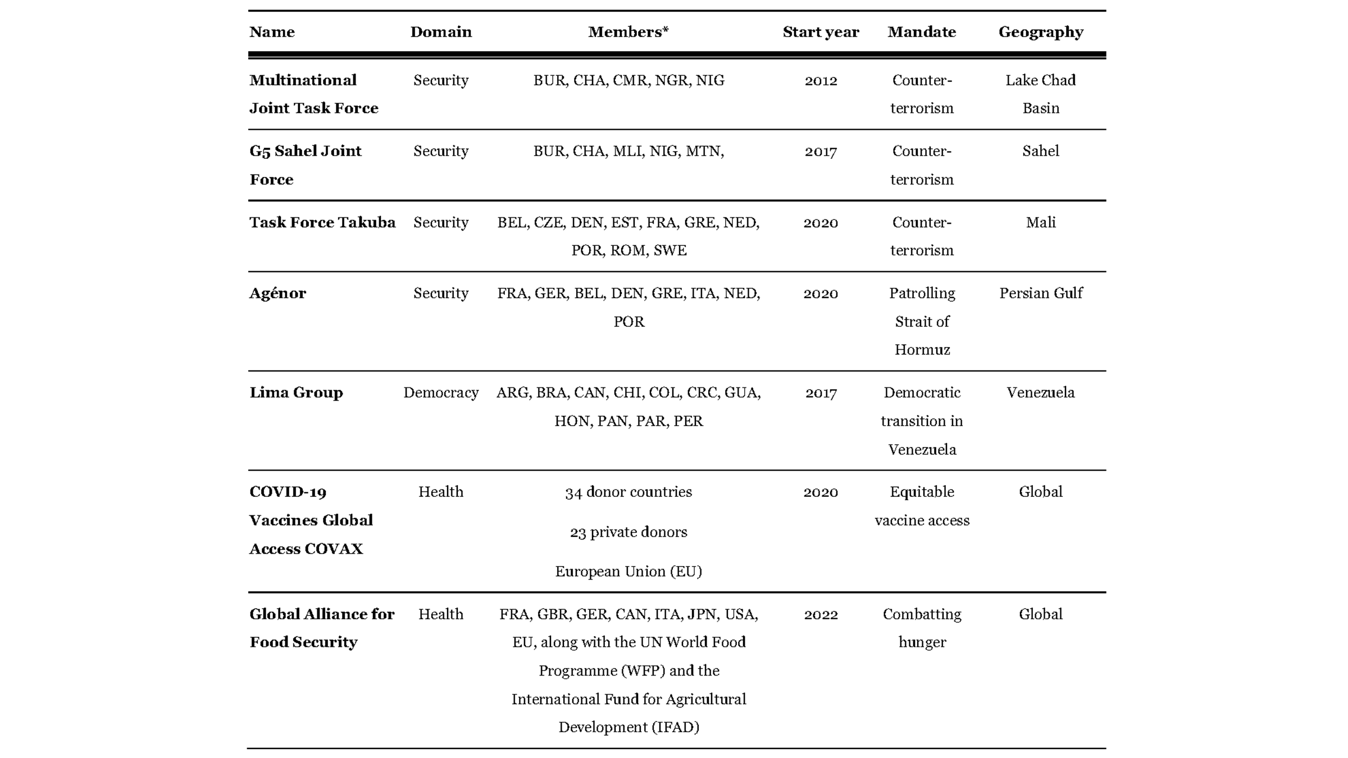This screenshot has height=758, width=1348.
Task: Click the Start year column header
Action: tap(821, 32)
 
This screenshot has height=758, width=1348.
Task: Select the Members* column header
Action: tap(628, 32)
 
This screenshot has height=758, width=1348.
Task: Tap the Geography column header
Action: tap(1041, 32)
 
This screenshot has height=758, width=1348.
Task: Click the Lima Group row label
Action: tap(296, 392)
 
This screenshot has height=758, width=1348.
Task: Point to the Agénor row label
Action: tap(277, 293)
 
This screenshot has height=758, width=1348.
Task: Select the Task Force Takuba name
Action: tap(322, 222)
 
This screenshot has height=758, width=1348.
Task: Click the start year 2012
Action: tap(821, 80)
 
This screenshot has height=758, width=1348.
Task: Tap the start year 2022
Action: tap(821, 614)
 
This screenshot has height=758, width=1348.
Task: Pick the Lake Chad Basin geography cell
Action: tap(1041, 94)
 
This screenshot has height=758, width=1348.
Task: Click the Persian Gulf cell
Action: tap(1041, 293)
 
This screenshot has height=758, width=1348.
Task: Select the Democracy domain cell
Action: tap(441, 392)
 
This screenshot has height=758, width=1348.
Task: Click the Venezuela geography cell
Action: tap(1041, 392)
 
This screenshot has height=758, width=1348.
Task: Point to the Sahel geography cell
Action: tap(1041, 151)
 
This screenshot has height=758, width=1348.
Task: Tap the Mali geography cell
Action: tap(1041, 222)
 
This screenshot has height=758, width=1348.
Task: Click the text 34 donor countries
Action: tap(629, 492)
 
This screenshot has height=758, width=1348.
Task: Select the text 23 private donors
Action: tap(629, 532)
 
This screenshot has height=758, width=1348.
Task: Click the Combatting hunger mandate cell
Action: tap(922, 628)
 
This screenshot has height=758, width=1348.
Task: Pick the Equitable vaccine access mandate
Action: tap(922, 506)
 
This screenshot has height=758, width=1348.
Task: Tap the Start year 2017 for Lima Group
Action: tap(821, 392)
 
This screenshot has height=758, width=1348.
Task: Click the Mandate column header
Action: tap(922, 32)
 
